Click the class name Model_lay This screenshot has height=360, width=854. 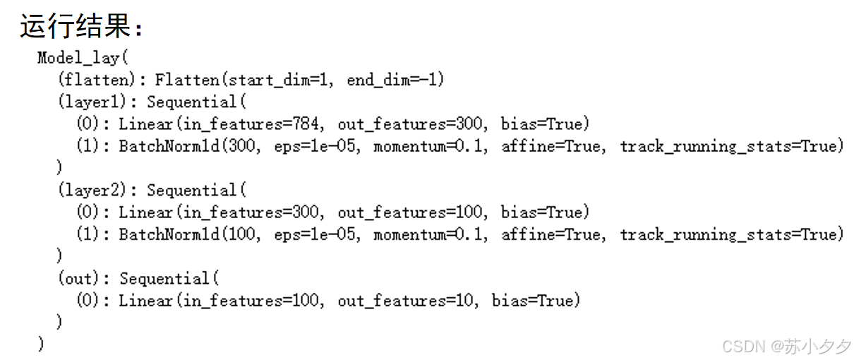tap(78, 58)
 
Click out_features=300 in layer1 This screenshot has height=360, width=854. tap(411, 124)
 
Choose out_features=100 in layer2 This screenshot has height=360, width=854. tap(411, 212)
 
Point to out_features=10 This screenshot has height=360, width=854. tap(407, 301)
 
